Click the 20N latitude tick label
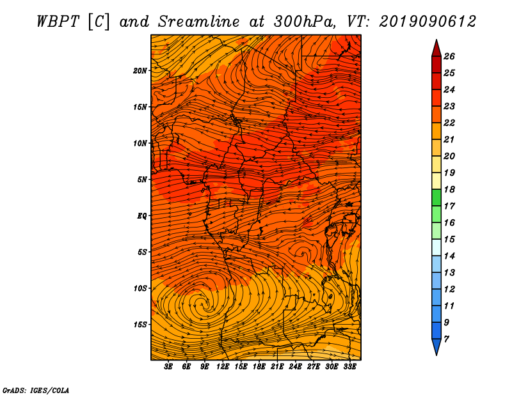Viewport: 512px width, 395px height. pos(140,71)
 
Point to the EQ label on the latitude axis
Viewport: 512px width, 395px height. pos(141,216)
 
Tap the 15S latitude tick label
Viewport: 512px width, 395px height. pos(140,325)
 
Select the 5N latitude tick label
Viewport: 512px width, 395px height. pos(142,180)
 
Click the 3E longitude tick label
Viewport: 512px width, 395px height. pos(168,367)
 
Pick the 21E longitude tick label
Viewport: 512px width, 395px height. pos(277,367)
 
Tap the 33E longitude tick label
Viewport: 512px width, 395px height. pos(349,367)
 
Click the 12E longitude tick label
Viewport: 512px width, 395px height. pos(222,367)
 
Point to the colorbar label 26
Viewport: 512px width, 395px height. pos(449,56)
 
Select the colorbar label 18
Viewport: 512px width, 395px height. pos(449,189)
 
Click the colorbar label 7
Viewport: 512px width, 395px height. pos(446,339)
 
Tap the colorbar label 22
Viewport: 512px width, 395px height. pos(449,123)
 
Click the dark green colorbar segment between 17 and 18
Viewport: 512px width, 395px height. pos(436,197)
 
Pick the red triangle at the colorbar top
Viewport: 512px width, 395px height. pos(436,49)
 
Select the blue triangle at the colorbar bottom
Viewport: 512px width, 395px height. pos(436,346)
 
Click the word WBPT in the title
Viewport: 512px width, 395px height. pos(58,22)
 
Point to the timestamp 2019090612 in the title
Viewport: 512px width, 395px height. pos(427,22)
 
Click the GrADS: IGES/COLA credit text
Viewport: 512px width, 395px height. pos(36,391)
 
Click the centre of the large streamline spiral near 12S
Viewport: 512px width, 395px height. pos(205,305)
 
